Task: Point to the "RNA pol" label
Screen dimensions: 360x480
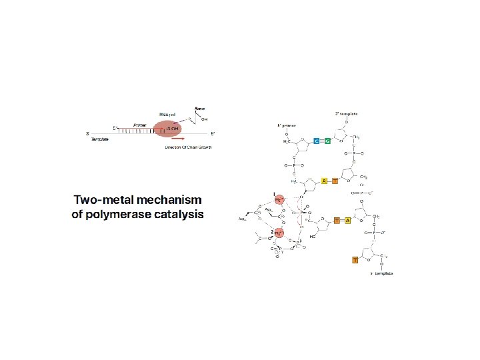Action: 167,114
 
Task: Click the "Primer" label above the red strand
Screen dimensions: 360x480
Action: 140,125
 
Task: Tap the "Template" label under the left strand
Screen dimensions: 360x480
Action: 100,139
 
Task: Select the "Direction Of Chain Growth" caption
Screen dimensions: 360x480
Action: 189,147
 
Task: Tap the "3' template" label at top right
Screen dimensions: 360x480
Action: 347,113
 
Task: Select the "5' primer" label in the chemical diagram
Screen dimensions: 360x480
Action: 287,125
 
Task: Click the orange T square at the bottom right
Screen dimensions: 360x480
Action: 346,259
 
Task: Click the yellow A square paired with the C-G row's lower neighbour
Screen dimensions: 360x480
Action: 324,181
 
